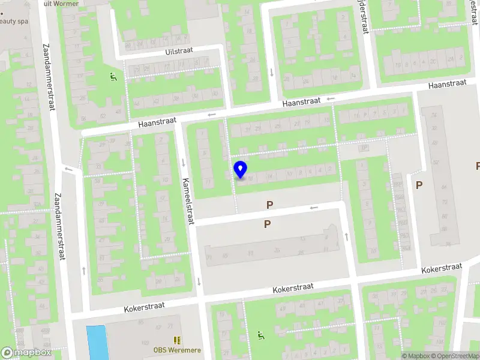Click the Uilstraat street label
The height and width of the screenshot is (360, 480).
click(x=179, y=51)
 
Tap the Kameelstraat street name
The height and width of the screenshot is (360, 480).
click(x=187, y=201)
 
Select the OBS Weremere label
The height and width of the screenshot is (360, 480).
click(x=177, y=350)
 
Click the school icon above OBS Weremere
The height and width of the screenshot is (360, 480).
click(x=177, y=340)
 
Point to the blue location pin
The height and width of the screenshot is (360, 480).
click(x=240, y=170)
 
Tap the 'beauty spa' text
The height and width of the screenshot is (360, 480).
click(x=13, y=21)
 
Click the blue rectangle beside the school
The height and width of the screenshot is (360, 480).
click(x=95, y=343)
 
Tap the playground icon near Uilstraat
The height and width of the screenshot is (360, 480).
click(x=112, y=77)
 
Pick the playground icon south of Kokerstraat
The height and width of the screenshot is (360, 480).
click(x=260, y=335)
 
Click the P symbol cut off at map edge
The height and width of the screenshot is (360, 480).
click(x=478, y=166)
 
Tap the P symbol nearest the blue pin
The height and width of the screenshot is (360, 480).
click(x=270, y=205)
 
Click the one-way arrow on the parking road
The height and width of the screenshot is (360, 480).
click(x=313, y=208)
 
